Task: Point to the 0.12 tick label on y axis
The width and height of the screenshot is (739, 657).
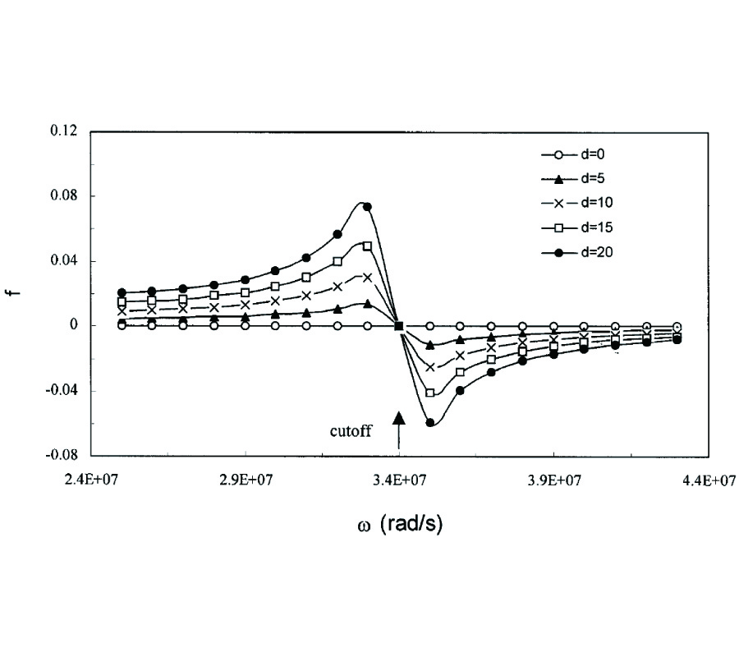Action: [x=62, y=131]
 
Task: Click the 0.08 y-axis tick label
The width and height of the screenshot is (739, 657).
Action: [x=62, y=196]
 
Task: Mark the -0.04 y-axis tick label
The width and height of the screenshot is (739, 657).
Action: [x=61, y=391]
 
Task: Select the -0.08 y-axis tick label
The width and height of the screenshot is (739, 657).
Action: [x=61, y=456]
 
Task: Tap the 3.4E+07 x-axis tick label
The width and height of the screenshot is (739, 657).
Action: [x=399, y=481]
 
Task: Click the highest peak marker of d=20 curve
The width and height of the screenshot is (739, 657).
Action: [x=367, y=207]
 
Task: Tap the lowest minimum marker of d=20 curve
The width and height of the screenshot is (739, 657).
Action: [x=429, y=423]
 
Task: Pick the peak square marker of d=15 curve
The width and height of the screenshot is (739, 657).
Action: [x=367, y=246]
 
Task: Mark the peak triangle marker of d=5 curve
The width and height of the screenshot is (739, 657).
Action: [x=367, y=304]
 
